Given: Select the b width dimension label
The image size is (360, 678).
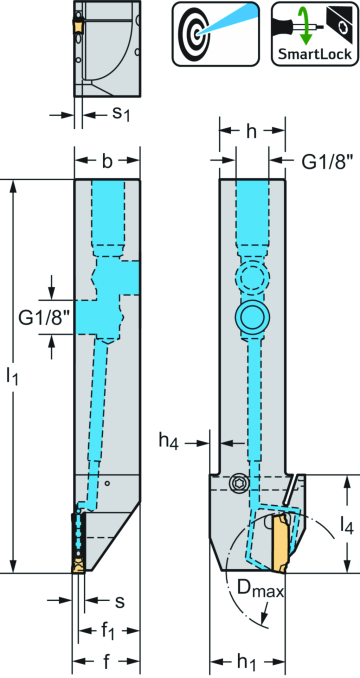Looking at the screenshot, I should click(x=107, y=161).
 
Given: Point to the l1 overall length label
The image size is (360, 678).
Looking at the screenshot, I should click(x=13, y=377).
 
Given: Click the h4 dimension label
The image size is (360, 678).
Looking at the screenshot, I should click(x=170, y=439).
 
